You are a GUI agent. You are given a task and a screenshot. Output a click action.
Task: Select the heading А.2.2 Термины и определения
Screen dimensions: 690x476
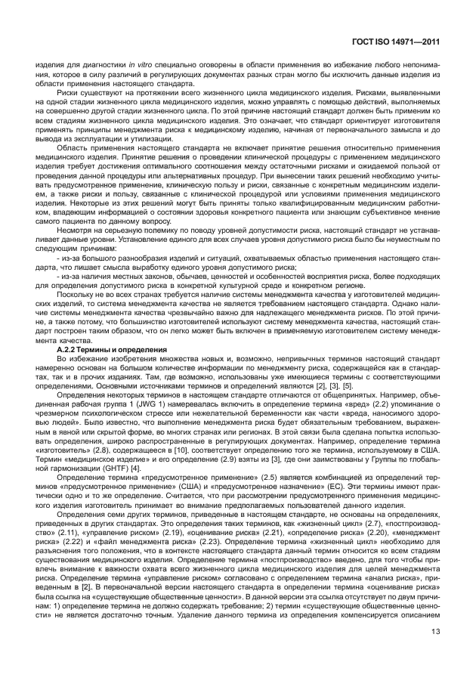tap(113, 350)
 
